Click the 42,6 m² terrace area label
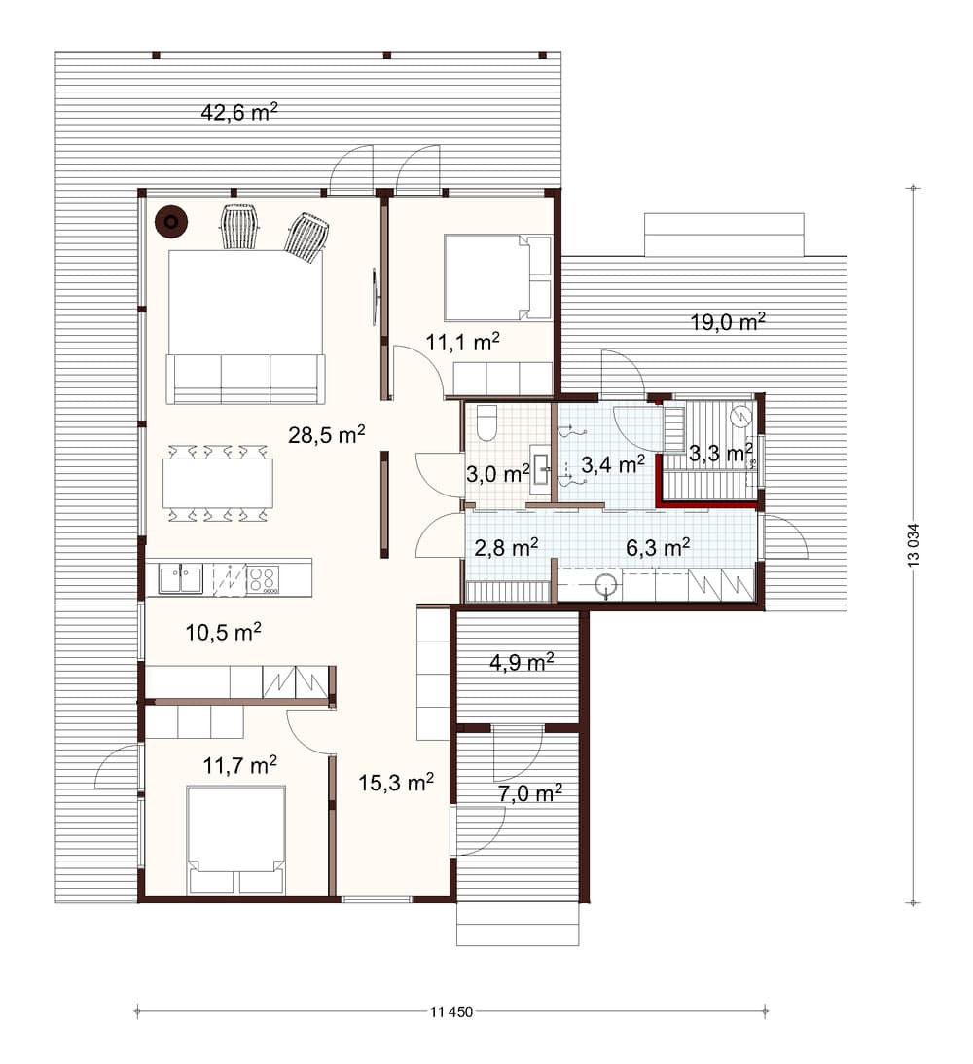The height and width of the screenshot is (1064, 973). coord(239,111)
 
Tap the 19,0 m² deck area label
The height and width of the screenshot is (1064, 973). coord(728,321)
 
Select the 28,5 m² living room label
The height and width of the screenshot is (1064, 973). coord(327,434)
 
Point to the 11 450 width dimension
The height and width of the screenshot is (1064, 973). coord(450,1011)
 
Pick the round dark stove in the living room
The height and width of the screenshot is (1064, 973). coord(171,222)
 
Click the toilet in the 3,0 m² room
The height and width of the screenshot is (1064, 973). coord(486,422)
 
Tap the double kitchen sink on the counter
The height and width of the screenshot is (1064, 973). coord(180,579)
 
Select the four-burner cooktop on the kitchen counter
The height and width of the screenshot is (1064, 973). coord(263,580)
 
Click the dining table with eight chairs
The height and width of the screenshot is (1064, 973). coord(218,483)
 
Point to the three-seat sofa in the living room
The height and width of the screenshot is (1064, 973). coord(245,379)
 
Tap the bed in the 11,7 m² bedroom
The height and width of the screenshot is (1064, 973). coord(236,840)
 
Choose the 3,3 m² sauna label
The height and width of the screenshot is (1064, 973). coord(721,453)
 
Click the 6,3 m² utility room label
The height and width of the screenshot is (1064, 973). coord(658,547)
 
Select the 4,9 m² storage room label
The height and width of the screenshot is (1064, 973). coord(522,662)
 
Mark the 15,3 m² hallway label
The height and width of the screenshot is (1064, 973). coord(396,783)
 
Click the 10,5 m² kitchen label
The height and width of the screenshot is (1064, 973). coord(223,633)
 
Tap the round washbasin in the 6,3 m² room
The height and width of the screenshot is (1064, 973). coord(605,585)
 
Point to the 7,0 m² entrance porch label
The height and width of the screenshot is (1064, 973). coord(530,793)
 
